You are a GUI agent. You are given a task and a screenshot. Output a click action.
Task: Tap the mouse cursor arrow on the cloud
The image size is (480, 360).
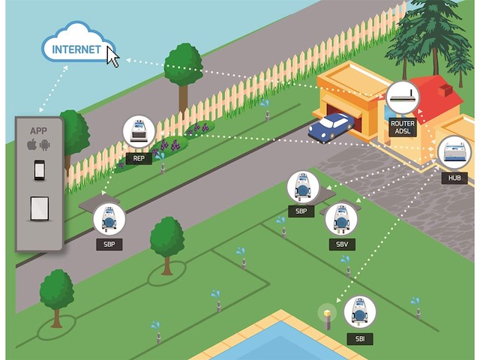(x=112, y=56)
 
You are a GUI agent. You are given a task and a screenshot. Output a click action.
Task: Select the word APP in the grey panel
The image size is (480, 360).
(x=39, y=129)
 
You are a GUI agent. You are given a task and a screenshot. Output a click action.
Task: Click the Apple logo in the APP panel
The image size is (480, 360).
(x=31, y=144)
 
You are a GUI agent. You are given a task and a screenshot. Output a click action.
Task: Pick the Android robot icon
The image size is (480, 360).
(x=45, y=144)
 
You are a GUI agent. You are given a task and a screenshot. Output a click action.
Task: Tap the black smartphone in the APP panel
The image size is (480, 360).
(x=40, y=170)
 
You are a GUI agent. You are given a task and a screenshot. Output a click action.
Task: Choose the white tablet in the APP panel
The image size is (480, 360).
(x=40, y=208)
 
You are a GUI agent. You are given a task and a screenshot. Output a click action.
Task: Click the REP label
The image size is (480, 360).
(x=139, y=158)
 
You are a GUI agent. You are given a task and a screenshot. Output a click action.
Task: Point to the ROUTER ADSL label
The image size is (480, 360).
(x=403, y=127)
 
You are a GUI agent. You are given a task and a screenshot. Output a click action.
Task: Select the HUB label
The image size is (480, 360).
(x=454, y=178)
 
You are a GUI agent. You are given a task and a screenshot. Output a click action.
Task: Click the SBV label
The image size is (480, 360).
(x=342, y=244)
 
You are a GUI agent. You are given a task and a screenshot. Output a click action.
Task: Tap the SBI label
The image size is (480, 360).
(x=359, y=339)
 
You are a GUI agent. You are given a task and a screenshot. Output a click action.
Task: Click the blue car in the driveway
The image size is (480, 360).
(x=331, y=127)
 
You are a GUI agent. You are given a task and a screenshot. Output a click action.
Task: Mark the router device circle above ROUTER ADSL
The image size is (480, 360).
(x=403, y=97)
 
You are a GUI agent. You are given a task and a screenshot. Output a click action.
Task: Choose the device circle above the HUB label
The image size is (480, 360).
(x=454, y=153)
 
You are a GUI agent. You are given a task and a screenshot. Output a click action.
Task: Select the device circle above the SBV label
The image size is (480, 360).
(x=342, y=219)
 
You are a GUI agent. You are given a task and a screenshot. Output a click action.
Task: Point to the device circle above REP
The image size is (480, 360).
(x=139, y=132)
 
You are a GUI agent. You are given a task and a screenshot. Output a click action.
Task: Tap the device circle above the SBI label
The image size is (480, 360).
(x=359, y=312)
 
